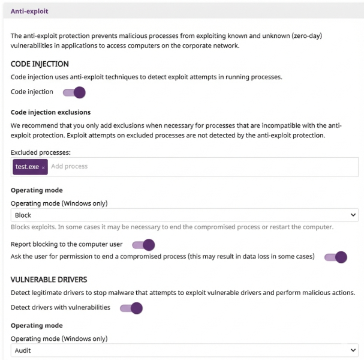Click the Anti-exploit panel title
(29, 11)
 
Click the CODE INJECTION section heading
(40, 64)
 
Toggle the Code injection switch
(74, 92)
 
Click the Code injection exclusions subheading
(51, 112)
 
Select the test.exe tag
(27, 166)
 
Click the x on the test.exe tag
(43, 167)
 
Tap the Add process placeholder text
(69, 166)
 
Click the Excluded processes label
(41, 152)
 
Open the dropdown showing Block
(180, 215)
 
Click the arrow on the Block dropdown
(353, 215)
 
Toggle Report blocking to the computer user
(143, 245)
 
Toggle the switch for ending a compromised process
(336, 257)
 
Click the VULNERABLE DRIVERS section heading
(49, 280)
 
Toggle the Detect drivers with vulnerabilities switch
(131, 308)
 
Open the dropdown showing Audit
(180, 350)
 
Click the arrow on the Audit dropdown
(353, 350)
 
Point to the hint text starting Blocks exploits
(172, 227)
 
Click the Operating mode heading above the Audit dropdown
(37, 326)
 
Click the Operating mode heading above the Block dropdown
(37, 191)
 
